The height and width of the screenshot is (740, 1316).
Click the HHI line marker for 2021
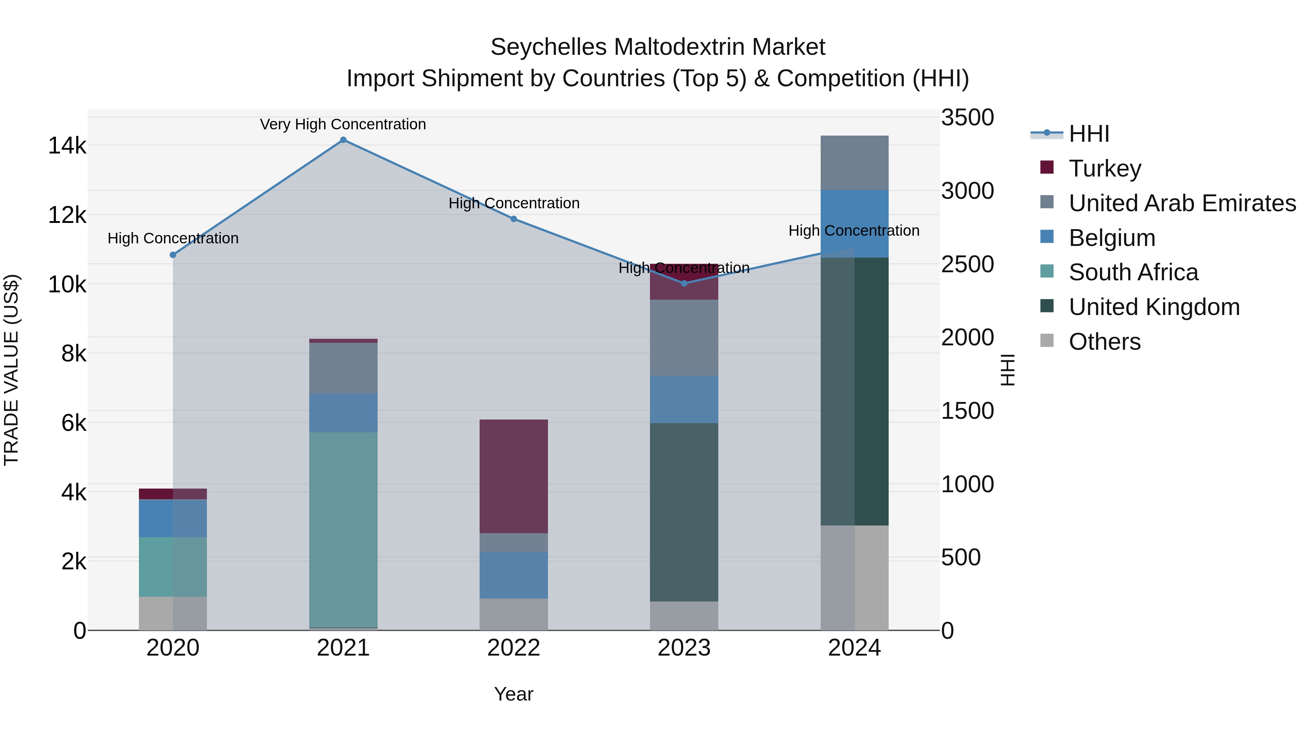[x=343, y=140]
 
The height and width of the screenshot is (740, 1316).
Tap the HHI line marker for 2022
[x=514, y=219]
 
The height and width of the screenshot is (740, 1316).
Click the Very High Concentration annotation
[x=343, y=125]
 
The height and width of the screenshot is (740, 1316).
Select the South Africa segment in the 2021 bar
[x=343, y=529]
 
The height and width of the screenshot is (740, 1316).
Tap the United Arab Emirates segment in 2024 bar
[x=854, y=163]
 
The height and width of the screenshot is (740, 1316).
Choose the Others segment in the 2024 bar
[x=854, y=578]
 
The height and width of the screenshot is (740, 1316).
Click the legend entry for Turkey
[x=1104, y=168]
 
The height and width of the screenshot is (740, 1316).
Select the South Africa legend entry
[x=1133, y=272]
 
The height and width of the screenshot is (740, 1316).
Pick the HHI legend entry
[x=1089, y=134]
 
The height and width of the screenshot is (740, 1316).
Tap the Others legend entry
[x=1104, y=342]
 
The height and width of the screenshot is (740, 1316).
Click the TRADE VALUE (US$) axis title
[x=12, y=370]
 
